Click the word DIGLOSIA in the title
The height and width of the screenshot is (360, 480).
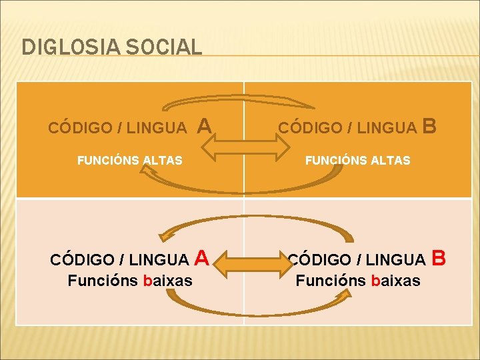tap(63, 47)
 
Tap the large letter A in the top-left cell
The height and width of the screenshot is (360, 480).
tap(205, 125)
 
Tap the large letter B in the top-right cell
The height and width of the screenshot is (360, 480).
tap(430, 125)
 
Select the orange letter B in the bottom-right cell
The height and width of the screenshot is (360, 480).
tap(439, 257)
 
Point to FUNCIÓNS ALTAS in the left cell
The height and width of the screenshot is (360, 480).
tap(130, 160)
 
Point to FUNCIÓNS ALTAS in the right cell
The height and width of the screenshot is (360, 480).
tap(358, 160)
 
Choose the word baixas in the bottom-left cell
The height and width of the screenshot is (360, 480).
tap(168, 281)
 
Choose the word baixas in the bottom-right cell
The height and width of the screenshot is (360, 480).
tap(396, 281)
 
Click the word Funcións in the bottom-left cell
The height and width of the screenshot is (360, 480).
tap(103, 281)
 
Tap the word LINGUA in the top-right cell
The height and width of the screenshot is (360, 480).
tap(387, 127)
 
